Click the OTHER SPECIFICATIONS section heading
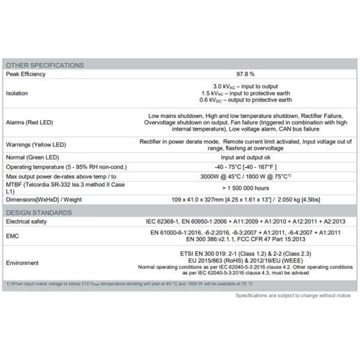(x=44, y=65)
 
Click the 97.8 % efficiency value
(x=245, y=74)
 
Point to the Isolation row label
(x=16, y=93)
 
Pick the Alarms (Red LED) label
(x=31, y=122)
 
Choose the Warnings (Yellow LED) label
(x=35, y=145)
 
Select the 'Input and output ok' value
(x=245, y=157)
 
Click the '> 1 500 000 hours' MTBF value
(x=245, y=188)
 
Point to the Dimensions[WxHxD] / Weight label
(x=45, y=199)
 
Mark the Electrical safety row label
(x=26, y=221)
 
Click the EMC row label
(x=13, y=236)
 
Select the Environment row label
(x=22, y=263)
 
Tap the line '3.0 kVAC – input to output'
(x=245, y=86)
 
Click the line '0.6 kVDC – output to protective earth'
(x=245, y=100)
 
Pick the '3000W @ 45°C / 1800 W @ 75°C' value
(x=245, y=177)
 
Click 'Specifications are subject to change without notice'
(x=293, y=296)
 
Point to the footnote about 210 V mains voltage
(x=129, y=283)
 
